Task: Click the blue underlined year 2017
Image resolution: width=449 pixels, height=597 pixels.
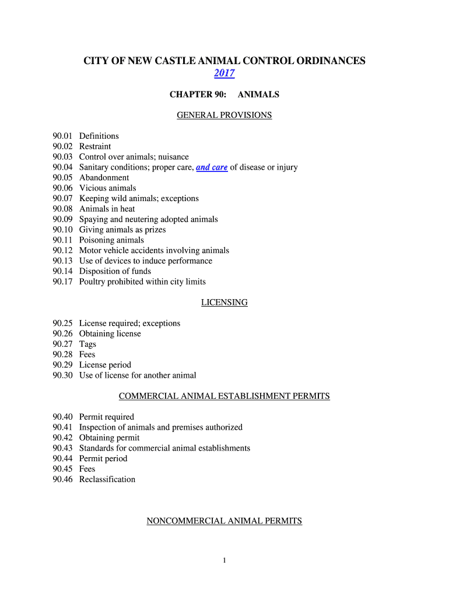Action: (224, 73)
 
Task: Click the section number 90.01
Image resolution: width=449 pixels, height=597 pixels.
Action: (62, 136)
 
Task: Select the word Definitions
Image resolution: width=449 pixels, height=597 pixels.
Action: (99, 136)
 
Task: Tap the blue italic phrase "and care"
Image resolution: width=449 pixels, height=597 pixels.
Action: (212, 167)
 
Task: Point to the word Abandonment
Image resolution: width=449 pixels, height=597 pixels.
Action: (104, 178)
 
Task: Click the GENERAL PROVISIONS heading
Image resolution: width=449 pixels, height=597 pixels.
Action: (224, 115)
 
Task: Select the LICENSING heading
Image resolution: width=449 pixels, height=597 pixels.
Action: (224, 303)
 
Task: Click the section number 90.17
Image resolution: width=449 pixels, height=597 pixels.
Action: (62, 282)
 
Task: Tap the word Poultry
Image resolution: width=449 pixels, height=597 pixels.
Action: (93, 282)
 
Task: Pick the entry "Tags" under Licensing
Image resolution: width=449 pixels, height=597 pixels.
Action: (88, 344)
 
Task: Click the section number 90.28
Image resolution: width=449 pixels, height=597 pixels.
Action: (62, 354)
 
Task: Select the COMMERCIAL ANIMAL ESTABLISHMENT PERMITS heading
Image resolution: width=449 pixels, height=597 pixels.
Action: (224, 396)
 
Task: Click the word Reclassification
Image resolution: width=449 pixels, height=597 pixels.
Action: (107, 479)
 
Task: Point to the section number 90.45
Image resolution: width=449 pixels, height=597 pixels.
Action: (62, 469)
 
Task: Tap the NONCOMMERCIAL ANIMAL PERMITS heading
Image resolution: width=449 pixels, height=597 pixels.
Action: (224, 521)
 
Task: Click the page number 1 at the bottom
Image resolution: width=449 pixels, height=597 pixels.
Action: (224, 561)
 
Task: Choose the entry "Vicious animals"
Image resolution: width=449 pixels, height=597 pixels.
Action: (108, 188)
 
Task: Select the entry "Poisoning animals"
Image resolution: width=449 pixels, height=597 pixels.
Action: (111, 240)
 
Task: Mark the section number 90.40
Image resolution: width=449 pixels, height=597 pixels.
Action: (62, 417)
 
